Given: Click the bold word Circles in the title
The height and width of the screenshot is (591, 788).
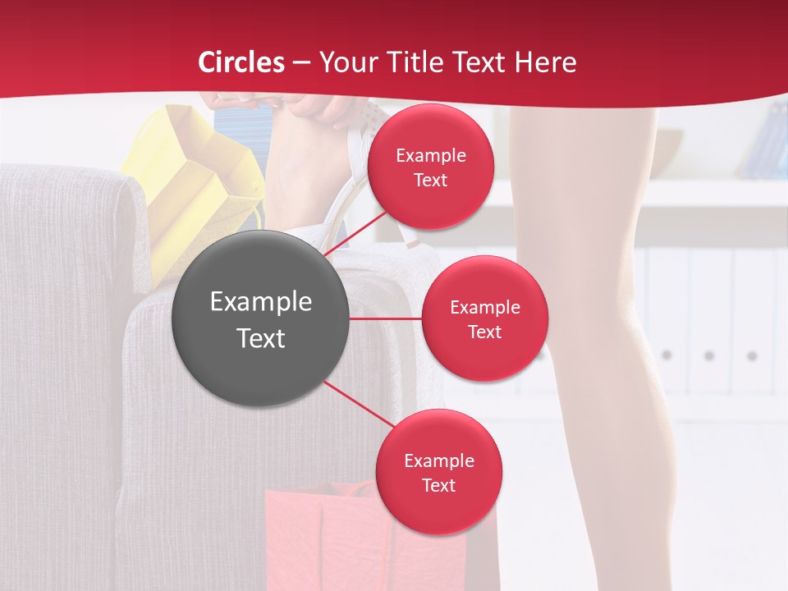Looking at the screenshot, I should tap(241, 62).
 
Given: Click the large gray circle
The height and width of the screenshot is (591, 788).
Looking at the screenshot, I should tap(260, 319).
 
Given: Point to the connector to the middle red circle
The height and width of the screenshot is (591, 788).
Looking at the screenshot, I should tap(385, 318).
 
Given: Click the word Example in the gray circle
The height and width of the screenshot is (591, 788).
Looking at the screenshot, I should tap(260, 302).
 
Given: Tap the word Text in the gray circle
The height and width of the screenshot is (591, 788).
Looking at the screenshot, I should tap(260, 338).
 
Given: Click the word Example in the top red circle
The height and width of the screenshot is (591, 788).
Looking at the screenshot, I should tap(430, 156).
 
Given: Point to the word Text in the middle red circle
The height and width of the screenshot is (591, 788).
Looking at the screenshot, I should tap(484, 332).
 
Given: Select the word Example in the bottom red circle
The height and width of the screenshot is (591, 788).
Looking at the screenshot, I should tap(438, 460).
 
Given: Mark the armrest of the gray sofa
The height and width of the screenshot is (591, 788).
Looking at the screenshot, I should tap(66, 197).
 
